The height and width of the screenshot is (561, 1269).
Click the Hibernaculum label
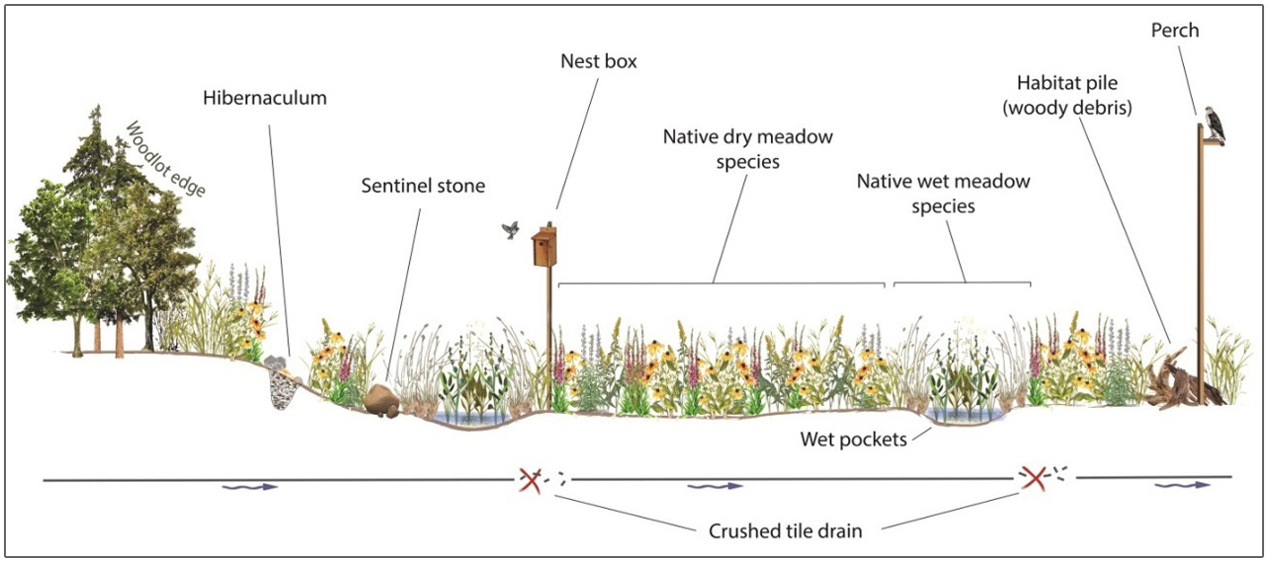[265, 98]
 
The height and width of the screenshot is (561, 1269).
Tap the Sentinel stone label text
[423, 186]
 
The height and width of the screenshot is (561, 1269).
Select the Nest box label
[599, 61]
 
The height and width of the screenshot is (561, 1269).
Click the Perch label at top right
[1175, 30]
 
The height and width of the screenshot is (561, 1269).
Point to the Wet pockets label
[854, 440]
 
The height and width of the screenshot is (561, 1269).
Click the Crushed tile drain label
[785, 531]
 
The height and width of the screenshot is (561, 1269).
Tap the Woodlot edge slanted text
[165, 159]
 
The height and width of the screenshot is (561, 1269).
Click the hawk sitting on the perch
[1214, 124]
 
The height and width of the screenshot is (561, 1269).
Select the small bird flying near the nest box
[511, 230]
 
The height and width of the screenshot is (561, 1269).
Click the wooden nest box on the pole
[545, 245]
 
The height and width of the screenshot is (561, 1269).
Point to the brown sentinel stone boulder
[381, 401]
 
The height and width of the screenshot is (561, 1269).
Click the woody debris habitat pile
[1181, 381]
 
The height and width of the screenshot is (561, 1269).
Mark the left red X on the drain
[531, 481]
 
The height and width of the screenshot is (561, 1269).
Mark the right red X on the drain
[1034, 479]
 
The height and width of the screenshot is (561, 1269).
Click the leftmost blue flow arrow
[250, 487]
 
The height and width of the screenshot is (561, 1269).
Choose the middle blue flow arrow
[715, 486]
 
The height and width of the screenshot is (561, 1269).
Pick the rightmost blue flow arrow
[1183, 485]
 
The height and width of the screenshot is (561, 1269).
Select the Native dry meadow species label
[748, 149]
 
